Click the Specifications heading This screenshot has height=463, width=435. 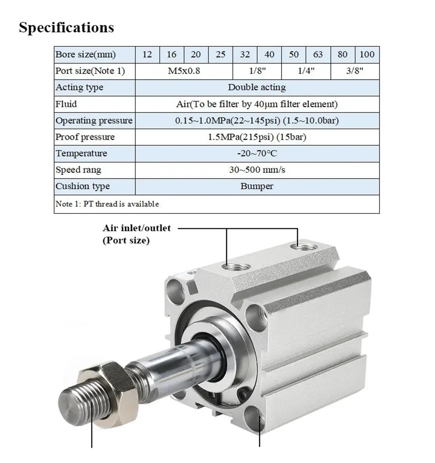[x=66, y=28]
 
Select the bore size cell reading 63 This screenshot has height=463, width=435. [x=318, y=54]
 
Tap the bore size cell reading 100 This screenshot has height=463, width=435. [x=367, y=54]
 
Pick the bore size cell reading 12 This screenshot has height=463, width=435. [x=147, y=54]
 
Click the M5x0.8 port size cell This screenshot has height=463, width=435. [x=184, y=71]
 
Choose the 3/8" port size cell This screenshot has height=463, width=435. [x=355, y=71]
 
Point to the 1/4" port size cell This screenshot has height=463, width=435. [x=306, y=71]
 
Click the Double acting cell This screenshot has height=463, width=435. [x=257, y=87]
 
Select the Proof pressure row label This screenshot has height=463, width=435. [x=85, y=137]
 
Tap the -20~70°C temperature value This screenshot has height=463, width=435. [x=257, y=153]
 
